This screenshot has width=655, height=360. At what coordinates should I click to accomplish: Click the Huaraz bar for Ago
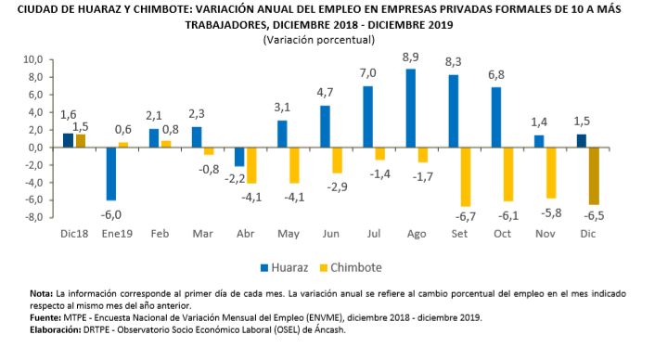tap(410, 108)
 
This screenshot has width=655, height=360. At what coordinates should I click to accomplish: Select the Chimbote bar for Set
tap(466, 176)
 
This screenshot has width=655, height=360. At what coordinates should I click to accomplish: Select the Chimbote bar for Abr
tap(252, 165)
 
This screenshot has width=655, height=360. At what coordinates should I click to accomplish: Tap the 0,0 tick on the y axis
tap(34, 148)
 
